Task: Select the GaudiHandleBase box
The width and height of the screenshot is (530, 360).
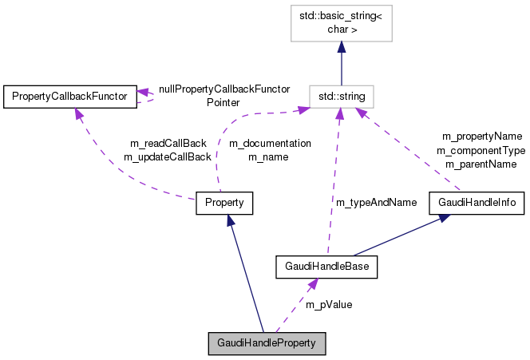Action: [x=326, y=266]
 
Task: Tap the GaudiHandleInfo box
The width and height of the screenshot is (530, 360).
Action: [x=477, y=203]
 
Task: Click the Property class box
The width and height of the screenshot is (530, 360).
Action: [x=224, y=203]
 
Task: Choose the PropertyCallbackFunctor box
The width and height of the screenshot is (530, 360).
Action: [x=69, y=97]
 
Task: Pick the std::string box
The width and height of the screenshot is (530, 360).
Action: [x=342, y=97]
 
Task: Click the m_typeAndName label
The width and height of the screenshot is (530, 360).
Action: [x=376, y=202]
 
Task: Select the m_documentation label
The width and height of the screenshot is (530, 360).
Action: [x=270, y=143]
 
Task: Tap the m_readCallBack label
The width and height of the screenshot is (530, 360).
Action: [x=168, y=143]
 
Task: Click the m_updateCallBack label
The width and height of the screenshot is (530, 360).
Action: [x=167, y=156]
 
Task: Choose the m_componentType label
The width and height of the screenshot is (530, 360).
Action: [x=481, y=150]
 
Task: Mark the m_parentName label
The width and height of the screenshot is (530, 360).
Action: [x=481, y=164]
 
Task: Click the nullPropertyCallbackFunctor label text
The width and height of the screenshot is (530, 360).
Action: [x=223, y=89]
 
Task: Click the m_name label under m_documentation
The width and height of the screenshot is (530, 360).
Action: [x=268, y=156]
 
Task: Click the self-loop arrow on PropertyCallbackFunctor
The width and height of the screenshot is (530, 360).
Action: [x=148, y=97]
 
